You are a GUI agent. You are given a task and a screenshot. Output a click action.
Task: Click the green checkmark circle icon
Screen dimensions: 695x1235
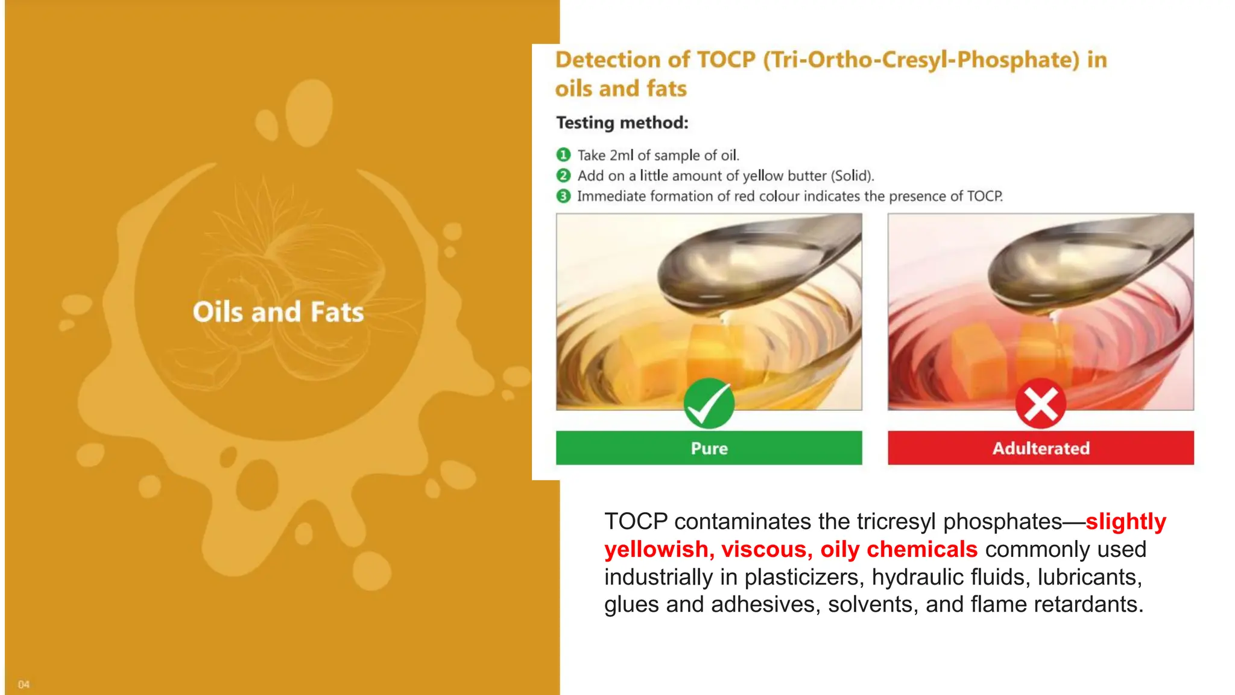tap(709, 404)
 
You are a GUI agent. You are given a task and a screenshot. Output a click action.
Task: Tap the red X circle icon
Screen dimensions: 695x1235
tap(1040, 404)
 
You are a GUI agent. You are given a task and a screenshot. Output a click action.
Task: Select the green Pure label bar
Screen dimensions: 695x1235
tap(709, 448)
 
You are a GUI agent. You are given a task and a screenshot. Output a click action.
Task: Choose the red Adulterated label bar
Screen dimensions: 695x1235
tap(1040, 448)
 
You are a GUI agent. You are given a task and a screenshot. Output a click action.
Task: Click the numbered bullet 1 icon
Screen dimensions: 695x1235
tap(563, 155)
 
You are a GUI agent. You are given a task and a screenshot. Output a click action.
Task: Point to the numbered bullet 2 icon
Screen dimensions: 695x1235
tap(563, 176)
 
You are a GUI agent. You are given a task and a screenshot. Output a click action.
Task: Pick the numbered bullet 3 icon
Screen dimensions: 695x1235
tap(563, 196)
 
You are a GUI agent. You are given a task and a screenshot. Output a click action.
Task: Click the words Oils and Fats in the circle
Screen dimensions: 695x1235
tap(278, 312)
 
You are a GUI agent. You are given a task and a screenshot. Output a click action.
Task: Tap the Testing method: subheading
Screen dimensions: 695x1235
tap(622, 123)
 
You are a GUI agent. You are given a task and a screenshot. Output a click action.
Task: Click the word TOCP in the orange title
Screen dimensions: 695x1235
tap(726, 60)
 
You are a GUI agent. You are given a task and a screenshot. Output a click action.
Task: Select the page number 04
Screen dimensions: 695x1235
tap(24, 684)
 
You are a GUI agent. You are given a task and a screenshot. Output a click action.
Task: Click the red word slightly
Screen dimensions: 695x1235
tap(1126, 522)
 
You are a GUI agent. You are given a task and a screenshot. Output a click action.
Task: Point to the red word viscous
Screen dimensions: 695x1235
tap(767, 550)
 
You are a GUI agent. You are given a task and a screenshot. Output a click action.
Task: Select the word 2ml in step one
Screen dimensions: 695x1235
tap(622, 156)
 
